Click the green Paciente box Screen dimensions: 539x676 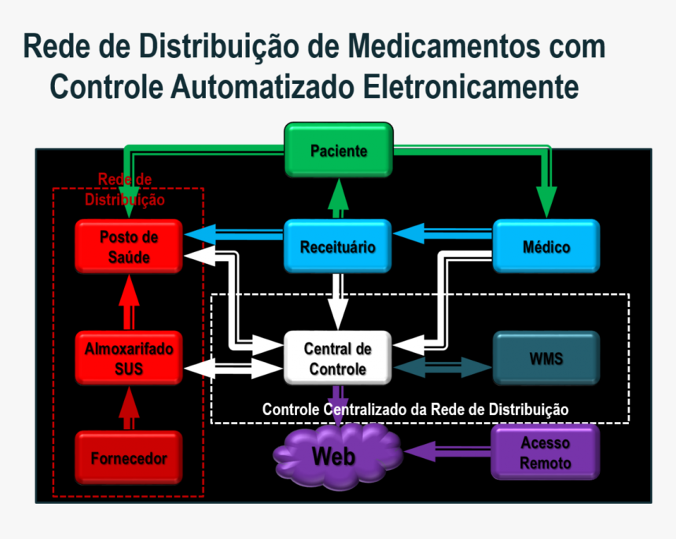click(338, 151)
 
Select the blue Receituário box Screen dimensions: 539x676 click(337, 247)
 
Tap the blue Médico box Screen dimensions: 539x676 click(546, 247)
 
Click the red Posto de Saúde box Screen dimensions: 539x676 click(130, 247)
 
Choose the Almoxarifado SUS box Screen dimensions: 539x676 click(130, 357)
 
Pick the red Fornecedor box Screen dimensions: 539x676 click(130, 458)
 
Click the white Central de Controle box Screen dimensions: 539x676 click(337, 358)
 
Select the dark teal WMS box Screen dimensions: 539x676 click(546, 358)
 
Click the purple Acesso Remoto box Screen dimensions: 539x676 click(546, 453)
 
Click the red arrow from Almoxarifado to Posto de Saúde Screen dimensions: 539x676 click(130, 304)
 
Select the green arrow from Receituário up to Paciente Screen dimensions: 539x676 click(338, 199)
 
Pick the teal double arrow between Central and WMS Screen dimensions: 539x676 click(442, 367)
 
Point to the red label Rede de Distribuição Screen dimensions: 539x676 click(125, 189)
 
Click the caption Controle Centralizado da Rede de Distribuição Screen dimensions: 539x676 click(415, 409)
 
